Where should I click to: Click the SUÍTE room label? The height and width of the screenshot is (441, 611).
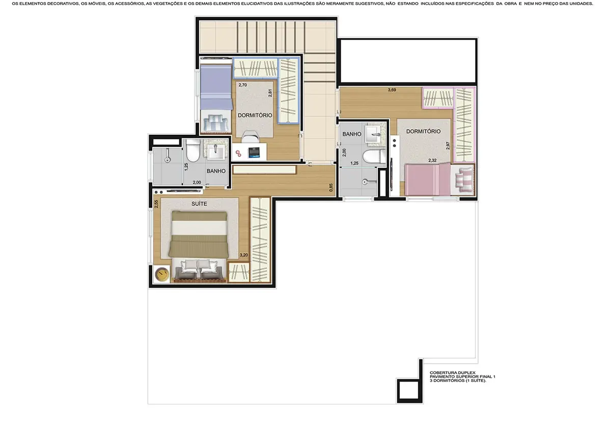[x=199, y=204]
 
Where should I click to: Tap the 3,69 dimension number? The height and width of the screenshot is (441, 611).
[x=392, y=90]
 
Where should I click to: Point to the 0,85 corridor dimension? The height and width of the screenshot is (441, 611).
[x=331, y=187]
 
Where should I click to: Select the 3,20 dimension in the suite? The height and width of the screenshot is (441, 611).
[x=243, y=255]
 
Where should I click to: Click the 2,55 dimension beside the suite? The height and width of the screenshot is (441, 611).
[x=156, y=204]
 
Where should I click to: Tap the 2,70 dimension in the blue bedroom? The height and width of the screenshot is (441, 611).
[x=242, y=85]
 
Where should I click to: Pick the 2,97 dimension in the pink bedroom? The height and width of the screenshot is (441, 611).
[x=448, y=145]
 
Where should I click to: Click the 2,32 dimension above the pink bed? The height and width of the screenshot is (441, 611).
[x=432, y=161]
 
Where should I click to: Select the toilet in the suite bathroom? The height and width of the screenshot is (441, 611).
[x=193, y=150]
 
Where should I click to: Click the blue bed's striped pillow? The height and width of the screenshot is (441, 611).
[x=217, y=123]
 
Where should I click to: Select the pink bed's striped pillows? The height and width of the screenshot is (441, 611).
[x=465, y=179]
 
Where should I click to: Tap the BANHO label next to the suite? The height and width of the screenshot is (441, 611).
[x=216, y=171]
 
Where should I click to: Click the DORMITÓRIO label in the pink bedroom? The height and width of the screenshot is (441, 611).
[x=423, y=131]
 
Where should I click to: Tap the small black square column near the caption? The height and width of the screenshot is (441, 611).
[x=407, y=391]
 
